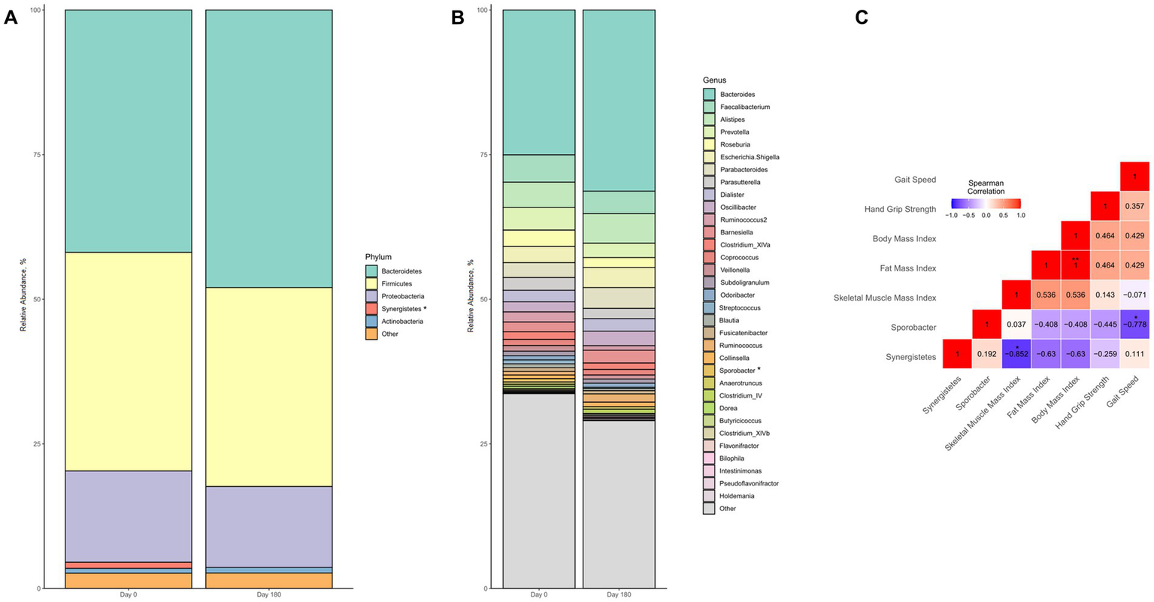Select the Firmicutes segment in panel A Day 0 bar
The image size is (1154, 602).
129,361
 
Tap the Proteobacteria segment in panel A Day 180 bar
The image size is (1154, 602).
268,526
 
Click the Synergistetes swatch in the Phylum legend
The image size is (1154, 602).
371,309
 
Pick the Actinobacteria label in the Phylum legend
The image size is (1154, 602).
401,322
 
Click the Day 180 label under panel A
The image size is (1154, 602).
268,595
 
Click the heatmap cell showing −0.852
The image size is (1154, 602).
1017,356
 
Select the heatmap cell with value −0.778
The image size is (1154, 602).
1134,327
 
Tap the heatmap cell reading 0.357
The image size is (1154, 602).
1134,206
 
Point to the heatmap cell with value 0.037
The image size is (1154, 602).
1017,327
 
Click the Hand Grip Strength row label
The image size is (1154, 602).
900,209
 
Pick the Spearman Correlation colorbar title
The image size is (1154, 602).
986,186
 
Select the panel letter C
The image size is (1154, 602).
862,17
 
